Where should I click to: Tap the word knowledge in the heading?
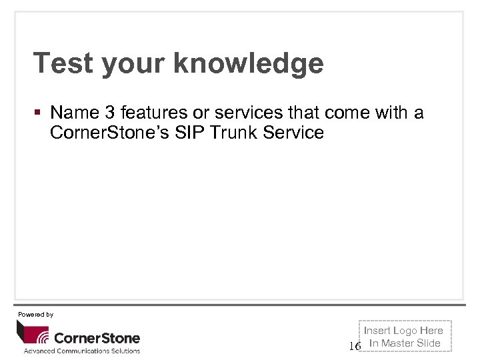(x=248, y=64)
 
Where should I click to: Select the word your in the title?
(x=135, y=64)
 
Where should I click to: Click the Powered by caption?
(x=35, y=314)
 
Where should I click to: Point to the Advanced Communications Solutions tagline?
(x=82, y=351)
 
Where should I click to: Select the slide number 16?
(x=355, y=346)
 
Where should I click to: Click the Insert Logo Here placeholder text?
(x=403, y=331)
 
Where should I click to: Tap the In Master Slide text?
(x=405, y=343)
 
